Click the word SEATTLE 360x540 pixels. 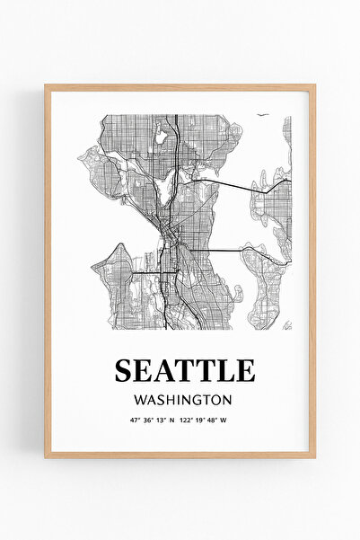184,369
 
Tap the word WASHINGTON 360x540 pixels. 182,398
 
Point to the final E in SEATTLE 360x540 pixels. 245,369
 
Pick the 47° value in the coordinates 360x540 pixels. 136,419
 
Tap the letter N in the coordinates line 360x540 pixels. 171,419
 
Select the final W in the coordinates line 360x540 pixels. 224,419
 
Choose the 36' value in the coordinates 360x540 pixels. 148,419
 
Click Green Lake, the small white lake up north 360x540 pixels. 162,138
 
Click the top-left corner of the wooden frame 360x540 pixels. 47,86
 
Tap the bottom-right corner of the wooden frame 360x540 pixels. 313,456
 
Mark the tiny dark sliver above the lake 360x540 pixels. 261,115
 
